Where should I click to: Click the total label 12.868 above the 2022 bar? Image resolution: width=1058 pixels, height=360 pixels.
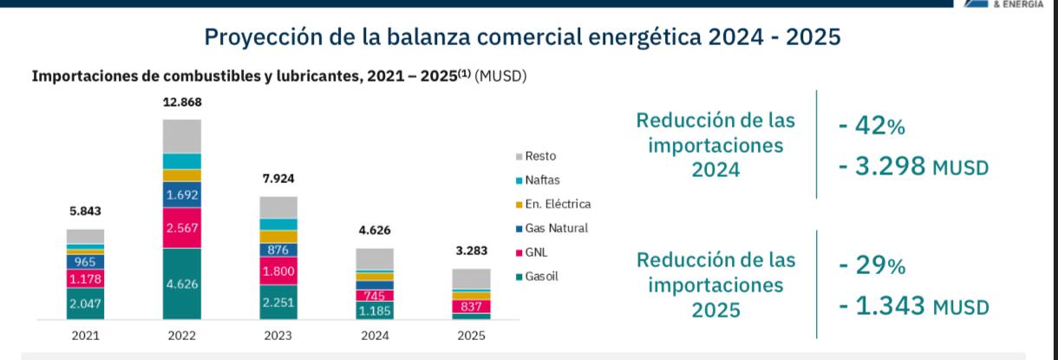(182, 102)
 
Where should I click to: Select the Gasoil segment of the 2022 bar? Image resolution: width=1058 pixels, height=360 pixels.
(182, 284)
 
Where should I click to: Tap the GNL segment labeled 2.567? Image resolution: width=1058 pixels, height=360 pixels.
(182, 228)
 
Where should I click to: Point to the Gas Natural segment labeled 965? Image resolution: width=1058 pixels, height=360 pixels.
(85, 261)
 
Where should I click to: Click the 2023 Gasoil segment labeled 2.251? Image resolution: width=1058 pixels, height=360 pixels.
(278, 302)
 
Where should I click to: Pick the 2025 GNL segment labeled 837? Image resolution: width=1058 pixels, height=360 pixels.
(471, 306)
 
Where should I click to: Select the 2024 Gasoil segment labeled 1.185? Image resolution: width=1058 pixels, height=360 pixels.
(375, 311)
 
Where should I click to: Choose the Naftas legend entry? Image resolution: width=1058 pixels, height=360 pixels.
(542, 180)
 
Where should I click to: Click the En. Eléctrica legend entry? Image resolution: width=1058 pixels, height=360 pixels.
(557, 205)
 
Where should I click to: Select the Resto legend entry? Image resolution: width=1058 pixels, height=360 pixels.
(540, 156)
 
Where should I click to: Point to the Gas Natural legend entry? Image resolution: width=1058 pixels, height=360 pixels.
(556, 229)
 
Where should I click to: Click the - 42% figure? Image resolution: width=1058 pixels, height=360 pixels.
(872, 127)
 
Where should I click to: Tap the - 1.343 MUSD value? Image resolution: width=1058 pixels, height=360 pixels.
(913, 307)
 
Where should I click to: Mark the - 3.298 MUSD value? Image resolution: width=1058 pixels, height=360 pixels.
(913, 167)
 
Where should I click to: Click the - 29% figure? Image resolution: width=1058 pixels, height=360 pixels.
(872, 267)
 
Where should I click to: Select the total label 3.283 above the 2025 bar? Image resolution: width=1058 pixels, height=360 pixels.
(471, 252)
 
